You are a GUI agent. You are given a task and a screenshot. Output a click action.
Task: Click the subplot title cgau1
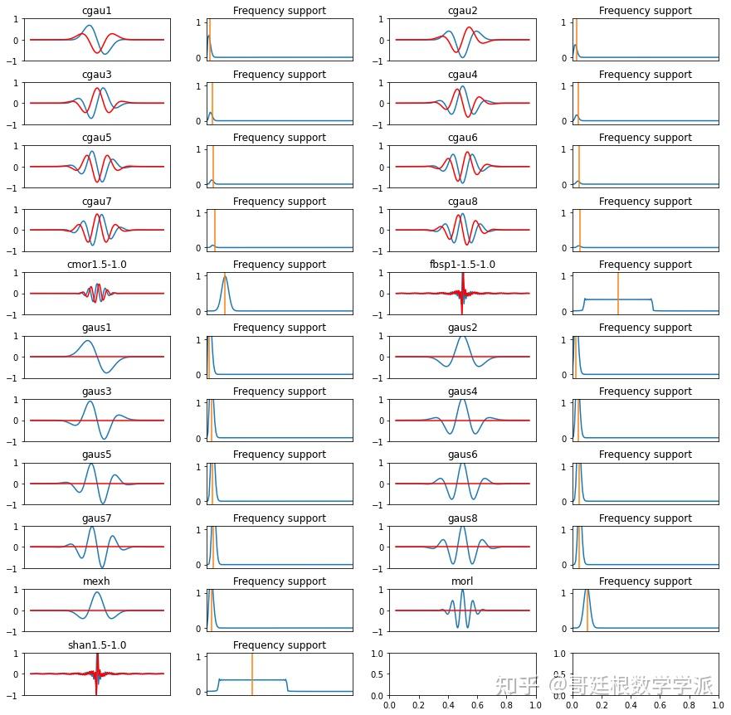(97, 11)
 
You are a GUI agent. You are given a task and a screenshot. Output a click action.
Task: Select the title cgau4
(462, 75)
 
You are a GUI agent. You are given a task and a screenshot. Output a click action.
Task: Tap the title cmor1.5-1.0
(97, 265)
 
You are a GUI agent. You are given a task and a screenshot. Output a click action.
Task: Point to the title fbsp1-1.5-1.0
(462, 265)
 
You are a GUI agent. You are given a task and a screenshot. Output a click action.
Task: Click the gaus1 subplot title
(97, 328)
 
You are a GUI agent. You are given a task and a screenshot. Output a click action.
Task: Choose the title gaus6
(462, 455)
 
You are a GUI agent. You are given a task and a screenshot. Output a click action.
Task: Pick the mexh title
(97, 581)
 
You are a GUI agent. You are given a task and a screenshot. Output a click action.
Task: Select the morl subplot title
(462, 581)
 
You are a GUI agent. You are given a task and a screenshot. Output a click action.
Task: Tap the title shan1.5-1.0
(97, 645)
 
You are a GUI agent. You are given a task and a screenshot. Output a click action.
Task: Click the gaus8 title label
(462, 518)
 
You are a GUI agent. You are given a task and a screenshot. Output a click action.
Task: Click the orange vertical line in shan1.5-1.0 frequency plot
(251, 672)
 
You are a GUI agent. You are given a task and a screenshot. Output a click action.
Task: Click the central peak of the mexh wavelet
(98, 592)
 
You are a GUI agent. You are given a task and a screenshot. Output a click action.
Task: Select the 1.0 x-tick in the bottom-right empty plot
(719, 705)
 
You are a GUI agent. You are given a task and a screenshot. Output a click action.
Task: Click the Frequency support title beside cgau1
(280, 11)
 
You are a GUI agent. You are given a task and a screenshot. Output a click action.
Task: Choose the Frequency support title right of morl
(645, 581)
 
